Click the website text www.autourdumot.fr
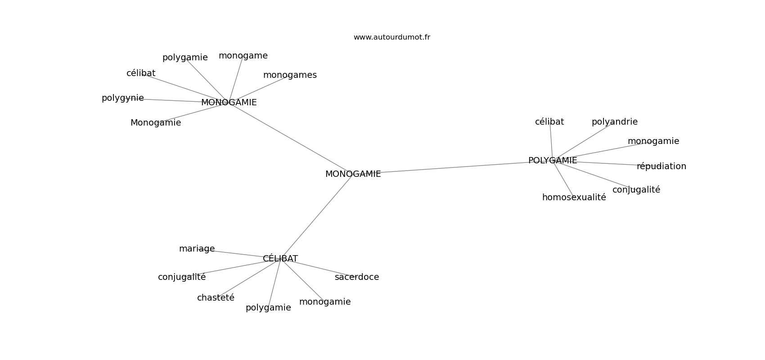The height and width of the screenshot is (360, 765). point(391,37)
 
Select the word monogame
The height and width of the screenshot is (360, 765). point(243,56)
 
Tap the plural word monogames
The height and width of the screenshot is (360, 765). point(290,75)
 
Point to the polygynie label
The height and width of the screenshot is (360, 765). point(122,98)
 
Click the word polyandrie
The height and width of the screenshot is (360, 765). point(614,122)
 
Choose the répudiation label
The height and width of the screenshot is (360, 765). point(661,166)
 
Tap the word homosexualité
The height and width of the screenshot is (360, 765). point(574,198)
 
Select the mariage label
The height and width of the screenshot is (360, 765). point(197,249)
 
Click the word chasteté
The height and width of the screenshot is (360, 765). point(216,298)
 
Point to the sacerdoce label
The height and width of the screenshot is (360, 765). point(356,277)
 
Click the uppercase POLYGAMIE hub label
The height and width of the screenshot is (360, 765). point(552,161)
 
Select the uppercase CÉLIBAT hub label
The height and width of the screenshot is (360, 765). point(280,259)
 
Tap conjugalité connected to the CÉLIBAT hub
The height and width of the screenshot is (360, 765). point(182,277)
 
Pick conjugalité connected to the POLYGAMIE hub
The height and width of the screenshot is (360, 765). point(636,190)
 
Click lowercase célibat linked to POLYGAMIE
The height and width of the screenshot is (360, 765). point(549,122)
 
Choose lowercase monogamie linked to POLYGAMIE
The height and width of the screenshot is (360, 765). point(653,141)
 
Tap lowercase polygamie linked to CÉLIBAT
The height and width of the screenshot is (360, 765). point(268,308)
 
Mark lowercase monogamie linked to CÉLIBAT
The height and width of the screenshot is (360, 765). point(324,302)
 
